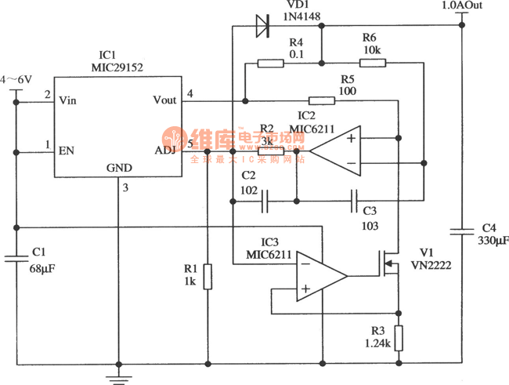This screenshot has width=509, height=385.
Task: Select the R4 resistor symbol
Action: click(x=270, y=64)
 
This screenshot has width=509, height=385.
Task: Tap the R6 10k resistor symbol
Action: click(x=373, y=64)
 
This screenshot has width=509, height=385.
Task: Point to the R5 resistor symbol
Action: click(x=322, y=100)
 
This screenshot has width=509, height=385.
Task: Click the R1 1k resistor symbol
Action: click(x=207, y=277)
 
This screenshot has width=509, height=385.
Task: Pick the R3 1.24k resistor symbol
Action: click(x=399, y=339)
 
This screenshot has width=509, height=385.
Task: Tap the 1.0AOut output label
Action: click(x=463, y=5)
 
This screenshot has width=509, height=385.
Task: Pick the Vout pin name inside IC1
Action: click(x=165, y=100)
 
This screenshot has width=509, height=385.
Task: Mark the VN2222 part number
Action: click(x=437, y=265)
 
